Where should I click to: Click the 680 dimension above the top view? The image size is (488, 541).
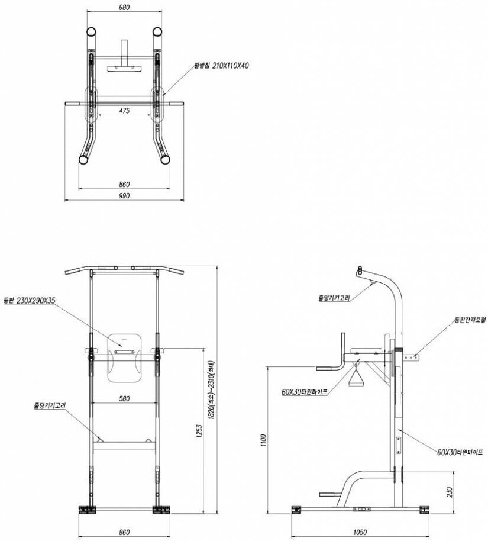[x=124, y=8]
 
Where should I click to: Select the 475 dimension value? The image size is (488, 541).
[x=124, y=110]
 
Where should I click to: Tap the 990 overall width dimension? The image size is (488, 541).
[x=124, y=195]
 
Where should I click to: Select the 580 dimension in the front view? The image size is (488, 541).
[x=124, y=398]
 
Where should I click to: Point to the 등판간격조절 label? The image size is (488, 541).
[x=470, y=320]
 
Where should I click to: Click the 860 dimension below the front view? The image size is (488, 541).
[x=124, y=532]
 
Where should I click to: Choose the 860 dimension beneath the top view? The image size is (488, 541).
[x=124, y=184]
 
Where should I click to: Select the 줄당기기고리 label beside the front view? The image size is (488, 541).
[x=50, y=406]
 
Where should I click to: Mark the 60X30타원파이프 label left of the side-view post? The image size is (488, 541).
[x=304, y=391]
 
